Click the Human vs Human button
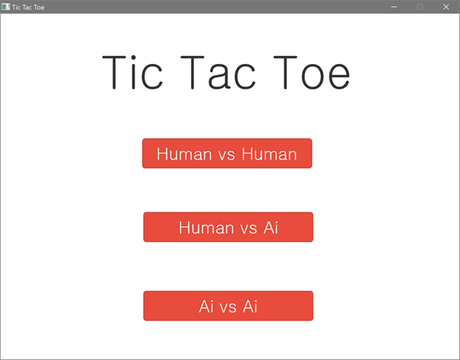pos(227,154)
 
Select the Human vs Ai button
pos(228,227)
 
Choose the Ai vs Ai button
pos(228,306)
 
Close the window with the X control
pos(446,7)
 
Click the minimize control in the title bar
pos(394,7)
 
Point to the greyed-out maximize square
pos(420,7)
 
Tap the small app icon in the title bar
pos(5,7)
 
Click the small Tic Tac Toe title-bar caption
pos(28,8)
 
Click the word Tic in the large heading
pos(132,72)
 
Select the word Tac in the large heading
pos(218,72)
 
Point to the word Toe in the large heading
pos(312,72)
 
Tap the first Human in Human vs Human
pos(184,154)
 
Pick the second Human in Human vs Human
pos(269,154)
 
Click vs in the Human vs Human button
pos(226,155)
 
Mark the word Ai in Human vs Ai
pos(270,228)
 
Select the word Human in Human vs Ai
pos(206,228)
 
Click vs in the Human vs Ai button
pos(249,229)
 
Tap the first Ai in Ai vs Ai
pos(206,306)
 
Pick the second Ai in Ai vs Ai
pos(250,306)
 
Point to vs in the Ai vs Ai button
pos(228,308)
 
